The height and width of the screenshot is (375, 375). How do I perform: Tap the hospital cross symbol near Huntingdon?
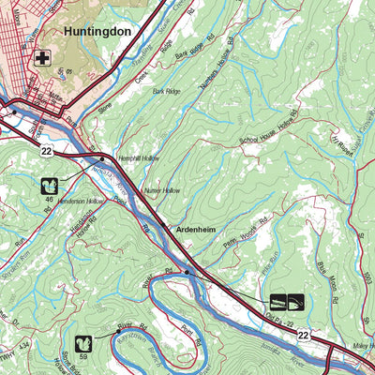[x=41, y=58]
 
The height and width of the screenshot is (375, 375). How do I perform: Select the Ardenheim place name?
[x=198, y=228]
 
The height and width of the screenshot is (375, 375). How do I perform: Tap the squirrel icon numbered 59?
[x=82, y=344]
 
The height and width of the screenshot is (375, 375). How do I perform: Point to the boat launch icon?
[x=278, y=302]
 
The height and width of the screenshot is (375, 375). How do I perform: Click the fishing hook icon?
[x=297, y=302]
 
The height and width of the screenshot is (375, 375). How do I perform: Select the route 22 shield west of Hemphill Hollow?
[x=44, y=149]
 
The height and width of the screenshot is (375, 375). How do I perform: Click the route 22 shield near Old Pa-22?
[x=303, y=335]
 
